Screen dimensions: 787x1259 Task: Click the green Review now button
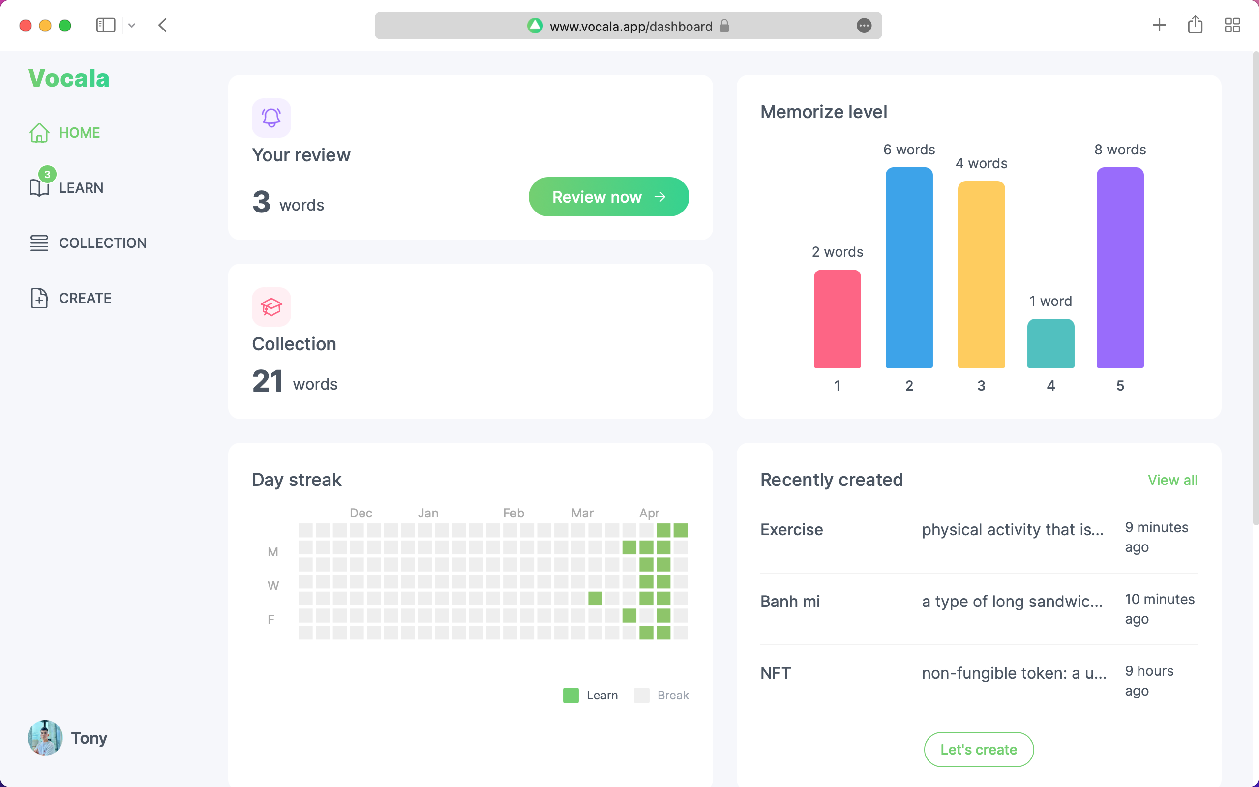(608, 197)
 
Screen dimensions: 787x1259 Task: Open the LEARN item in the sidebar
(81, 188)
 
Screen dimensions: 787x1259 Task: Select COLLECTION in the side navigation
(102, 243)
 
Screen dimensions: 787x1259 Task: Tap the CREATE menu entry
(85, 298)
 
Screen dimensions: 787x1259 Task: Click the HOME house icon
(39, 133)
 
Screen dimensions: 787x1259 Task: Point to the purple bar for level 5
(1119, 268)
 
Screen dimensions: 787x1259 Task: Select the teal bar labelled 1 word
(1050, 343)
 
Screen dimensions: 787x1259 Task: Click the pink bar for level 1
(837, 319)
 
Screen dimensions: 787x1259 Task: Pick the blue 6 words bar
(909, 268)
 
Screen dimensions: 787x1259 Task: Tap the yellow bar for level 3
(981, 274)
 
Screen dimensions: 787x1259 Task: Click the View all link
(1172, 480)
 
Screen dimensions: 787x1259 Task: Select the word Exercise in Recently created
(791, 530)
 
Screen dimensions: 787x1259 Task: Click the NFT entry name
(775, 673)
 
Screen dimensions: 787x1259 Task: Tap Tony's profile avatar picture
(45, 737)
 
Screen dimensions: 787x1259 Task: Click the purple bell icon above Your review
(271, 118)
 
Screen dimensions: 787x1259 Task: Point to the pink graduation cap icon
(271, 307)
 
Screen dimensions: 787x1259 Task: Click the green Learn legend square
(570, 696)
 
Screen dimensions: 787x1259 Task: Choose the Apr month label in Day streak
(649, 513)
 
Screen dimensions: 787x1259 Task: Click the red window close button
(26, 26)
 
